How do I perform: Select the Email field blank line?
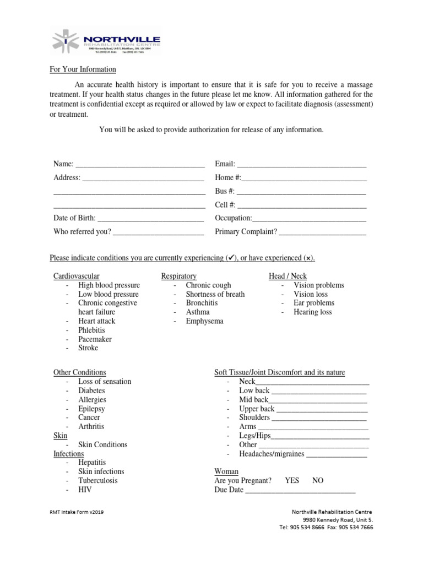[302, 165]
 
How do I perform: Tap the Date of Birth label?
[74, 218]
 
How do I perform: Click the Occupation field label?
[233, 218]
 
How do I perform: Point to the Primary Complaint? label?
[246, 232]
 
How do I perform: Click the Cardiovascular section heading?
[77, 276]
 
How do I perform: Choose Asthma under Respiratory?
[198, 312]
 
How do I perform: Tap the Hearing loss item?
[313, 312]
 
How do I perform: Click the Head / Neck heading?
[288, 276]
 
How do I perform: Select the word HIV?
[85, 490]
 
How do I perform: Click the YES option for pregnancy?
[292, 480]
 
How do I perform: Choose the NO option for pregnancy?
[318, 480]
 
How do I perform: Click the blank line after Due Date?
[300, 490]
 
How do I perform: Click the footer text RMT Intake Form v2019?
[77, 512]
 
